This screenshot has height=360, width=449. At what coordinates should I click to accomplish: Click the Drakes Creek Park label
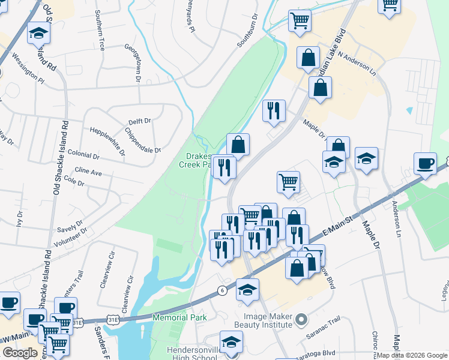pyautogui.click(x=196, y=160)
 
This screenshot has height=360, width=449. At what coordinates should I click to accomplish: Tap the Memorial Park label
pyautogui.click(x=179, y=317)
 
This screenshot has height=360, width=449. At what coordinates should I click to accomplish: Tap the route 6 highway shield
pyautogui.click(x=222, y=290)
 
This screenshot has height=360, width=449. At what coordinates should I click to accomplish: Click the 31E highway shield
pyautogui.click(x=78, y=322)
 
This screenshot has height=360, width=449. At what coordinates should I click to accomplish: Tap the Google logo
pyautogui.click(x=20, y=353)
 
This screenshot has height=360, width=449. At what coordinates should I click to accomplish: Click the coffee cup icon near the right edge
pyautogui.click(x=425, y=163)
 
